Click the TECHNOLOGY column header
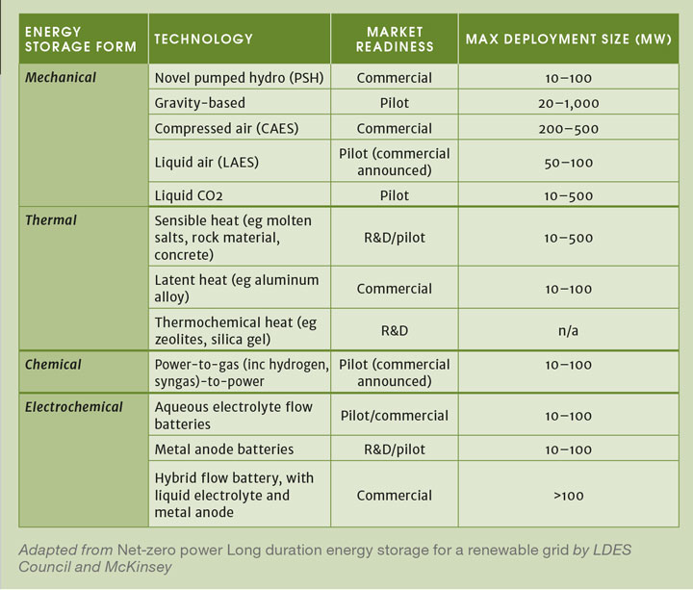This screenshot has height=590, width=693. (x=203, y=38)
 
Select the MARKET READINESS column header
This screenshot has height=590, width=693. (x=395, y=38)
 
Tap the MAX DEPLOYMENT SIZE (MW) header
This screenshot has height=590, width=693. (x=568, y=38)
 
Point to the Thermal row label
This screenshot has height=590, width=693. (x=51, y=220)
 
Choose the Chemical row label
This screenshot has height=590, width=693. (x=53, y=365)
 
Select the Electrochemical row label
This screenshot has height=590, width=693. (x=74, y=407)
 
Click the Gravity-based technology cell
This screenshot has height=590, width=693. (x=199, y=103)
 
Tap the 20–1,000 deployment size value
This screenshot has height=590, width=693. (x=568, y=103)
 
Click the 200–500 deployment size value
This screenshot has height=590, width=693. (x=568, y=128)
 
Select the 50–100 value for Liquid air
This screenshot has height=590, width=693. (x=568, y=162)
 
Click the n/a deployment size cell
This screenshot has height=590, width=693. (x=568, y=330)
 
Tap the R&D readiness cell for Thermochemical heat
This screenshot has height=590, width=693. (x=395, y=330)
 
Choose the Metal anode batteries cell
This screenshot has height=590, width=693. (x=224, y=449)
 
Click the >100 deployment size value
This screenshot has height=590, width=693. (x=568, y=496)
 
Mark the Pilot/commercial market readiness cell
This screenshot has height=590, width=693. (x=395, y=416)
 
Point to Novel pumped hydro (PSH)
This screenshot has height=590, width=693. (x=225, y=77)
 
